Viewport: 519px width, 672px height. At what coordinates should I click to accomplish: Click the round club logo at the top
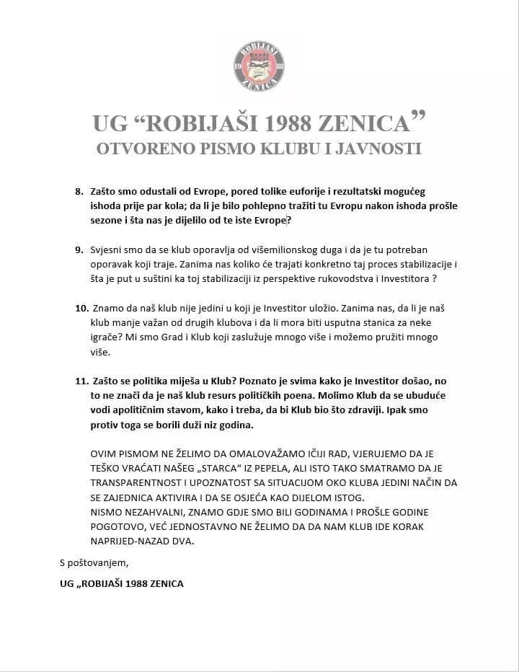pos(259,66)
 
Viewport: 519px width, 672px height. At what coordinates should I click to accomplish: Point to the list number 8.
pos(79,193)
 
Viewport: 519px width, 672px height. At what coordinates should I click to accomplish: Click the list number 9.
pos(79,249)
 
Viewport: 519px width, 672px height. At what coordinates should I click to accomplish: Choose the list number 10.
pos(81,308)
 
